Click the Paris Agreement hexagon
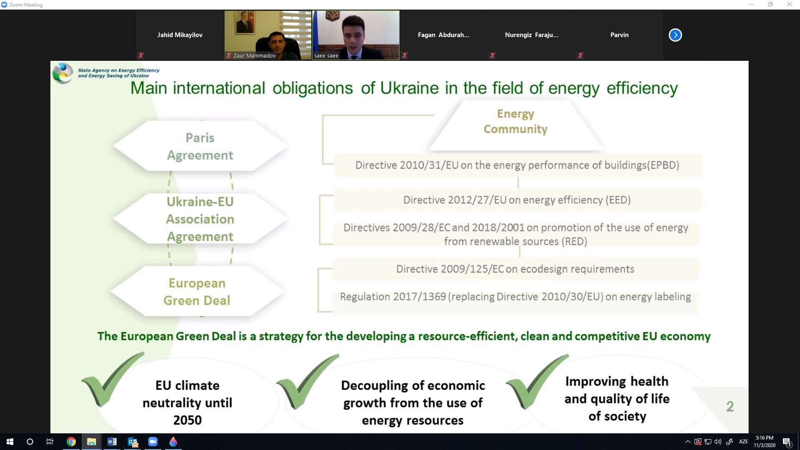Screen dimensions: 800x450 click(x=200, y=146)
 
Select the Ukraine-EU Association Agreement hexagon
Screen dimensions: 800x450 click(x=200, y=219)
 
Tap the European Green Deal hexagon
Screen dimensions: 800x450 click(x=197, y=291)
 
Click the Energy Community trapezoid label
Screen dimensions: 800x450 click(x=515, y=121)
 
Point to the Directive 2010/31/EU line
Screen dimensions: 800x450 click(x=517, y=165)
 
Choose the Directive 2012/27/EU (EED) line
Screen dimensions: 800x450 click(x=517, y=200)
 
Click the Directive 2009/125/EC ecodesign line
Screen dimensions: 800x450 click(x=515, y=269)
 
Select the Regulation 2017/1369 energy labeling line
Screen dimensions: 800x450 click(x=515, y=297)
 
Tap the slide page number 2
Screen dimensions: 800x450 click(x=730, y=406)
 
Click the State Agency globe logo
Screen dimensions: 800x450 click(x=63, y=73)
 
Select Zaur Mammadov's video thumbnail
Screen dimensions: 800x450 click(x=268, y=35)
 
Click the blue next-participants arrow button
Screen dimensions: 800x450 click(x=675, y=35)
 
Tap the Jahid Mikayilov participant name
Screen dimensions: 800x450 click(x=180, y=35)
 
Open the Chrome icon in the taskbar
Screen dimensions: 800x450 click(x=71, y=442)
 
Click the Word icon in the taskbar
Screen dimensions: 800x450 click(x=112, y=442)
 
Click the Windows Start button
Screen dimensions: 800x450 click(x=10, y=442)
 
